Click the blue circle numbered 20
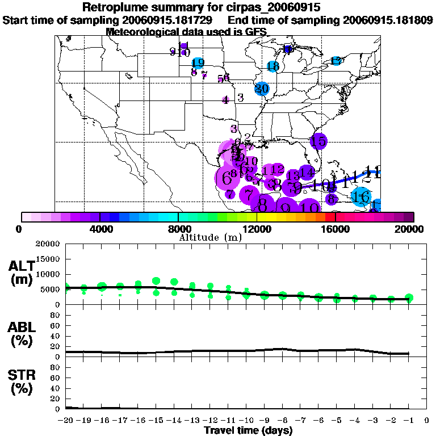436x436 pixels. click(262, 89)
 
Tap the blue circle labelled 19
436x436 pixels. click(198, 63)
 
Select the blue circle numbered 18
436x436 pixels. click(273, 66)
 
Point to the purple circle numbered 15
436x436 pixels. click(318, 141)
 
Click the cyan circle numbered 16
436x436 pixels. click(361, 197)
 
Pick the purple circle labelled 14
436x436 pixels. click(307, 171)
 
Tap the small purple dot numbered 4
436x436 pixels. click(225, 100)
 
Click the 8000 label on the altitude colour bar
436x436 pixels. click(178, 229)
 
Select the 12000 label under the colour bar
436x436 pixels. click(257, 229)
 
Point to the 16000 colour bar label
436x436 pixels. click(336, 229)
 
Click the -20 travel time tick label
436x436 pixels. click(66, 421)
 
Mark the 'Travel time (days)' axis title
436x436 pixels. click(248, 431)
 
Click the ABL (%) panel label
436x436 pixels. click(23, 334)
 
